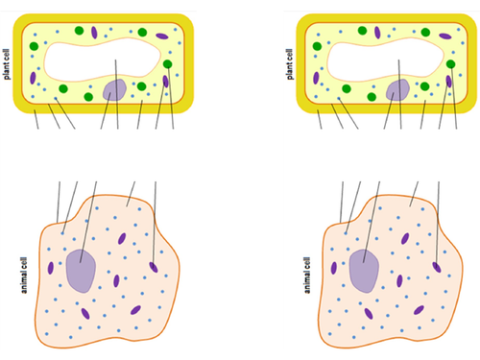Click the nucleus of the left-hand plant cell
point(114,91)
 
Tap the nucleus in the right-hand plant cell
point(397,91)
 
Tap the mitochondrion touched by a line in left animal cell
point(154,267)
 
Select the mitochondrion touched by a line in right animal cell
point(437,267)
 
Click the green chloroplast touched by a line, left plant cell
point(168,64)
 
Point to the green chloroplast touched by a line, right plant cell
point(451,64)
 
